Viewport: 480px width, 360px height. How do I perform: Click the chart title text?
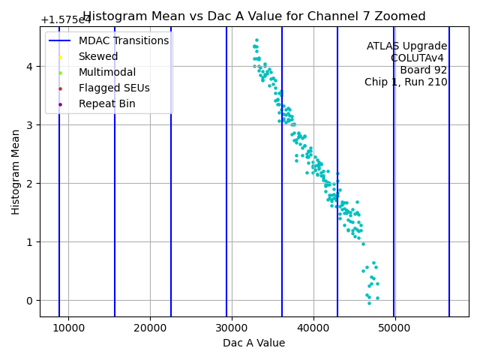(x=254, y=16)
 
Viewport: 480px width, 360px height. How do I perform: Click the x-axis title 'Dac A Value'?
(x=254, y=343)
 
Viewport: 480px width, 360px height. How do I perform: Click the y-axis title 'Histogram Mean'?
(x=16, y=172)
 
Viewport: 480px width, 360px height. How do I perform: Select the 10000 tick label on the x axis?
(x=68, y=328)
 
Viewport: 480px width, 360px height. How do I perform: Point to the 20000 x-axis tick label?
(x=150, y=328)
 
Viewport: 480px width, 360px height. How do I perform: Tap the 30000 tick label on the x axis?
(x=232, y=328)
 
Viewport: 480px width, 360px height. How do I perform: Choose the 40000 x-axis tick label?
(x=313, y=328)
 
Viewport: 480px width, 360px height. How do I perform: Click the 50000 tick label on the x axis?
(x=394, y=328)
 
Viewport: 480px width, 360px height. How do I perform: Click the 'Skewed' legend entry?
(x=97, y=56)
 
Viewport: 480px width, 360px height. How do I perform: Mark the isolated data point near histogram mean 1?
(x=363, y=244)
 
